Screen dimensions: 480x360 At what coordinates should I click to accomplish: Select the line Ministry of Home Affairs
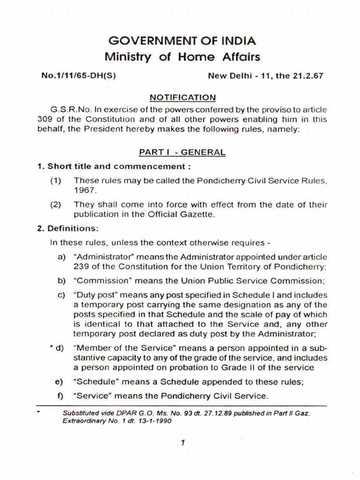pos(182,58)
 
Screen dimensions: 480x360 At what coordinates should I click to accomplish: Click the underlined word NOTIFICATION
pos(182,97)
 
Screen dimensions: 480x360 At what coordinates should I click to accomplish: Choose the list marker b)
pos(61,281)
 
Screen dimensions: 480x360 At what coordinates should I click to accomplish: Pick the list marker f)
pos(60,396)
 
